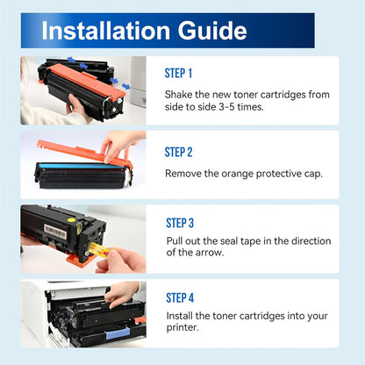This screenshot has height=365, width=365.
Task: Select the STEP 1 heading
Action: point(178,74)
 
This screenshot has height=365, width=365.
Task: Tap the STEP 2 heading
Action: point(178,152)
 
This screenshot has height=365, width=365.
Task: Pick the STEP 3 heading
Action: point(178,223)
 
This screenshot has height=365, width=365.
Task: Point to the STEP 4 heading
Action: point(178,297)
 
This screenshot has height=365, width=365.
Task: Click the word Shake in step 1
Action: point(181,94)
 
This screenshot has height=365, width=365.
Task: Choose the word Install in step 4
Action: point(181,315)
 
